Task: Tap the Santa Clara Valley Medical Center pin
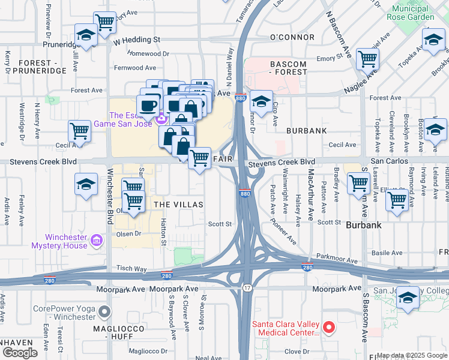[x=328, y=328]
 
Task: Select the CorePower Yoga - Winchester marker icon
[x=105, y=311]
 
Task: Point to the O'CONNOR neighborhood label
[x=292, y=37]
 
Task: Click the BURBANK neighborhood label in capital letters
[x=306, y=130]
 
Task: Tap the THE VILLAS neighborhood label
[x=179, y=205]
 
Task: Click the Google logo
[x=20, y=353]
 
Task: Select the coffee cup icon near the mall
[x=148, y=105]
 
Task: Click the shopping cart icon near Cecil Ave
[x=79, y=130]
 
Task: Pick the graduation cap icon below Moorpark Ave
[x=408, y=298]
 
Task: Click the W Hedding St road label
[x=137, y=40]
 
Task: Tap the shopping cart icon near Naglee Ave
[x=367, y=59]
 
